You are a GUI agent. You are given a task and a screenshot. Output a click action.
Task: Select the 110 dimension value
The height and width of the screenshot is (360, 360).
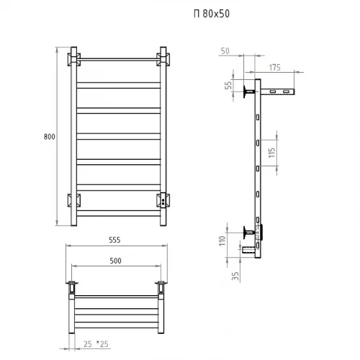(225, 240)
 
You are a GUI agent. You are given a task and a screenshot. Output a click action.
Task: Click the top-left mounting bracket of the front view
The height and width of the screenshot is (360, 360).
(74, 58)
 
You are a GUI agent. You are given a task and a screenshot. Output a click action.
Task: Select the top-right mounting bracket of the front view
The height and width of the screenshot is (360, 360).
(161, 58)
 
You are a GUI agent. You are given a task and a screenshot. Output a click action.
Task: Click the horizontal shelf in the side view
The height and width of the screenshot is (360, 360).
(279, 93)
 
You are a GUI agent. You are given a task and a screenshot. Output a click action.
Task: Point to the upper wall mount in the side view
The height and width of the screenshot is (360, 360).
(249, 91)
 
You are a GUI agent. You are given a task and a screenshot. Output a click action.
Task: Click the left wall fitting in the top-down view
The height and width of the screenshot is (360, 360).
(72, 287)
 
